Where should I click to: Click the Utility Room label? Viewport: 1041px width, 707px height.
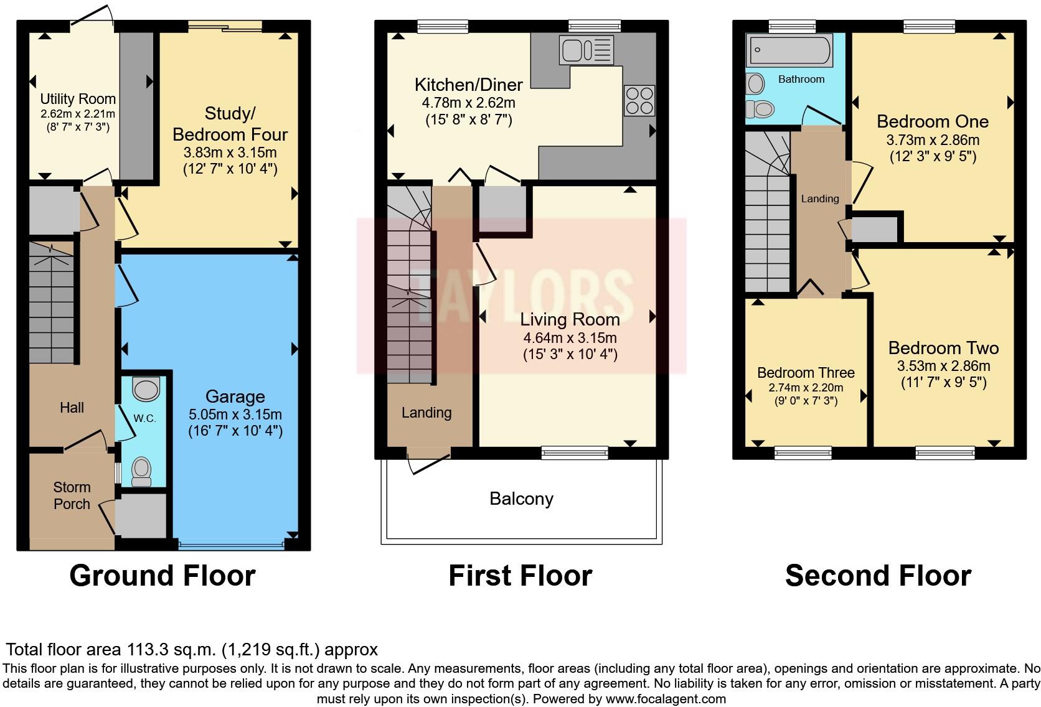[78, 99]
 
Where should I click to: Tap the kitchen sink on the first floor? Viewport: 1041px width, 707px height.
[586, 50]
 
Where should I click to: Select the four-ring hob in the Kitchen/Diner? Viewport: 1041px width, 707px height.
[639, 100]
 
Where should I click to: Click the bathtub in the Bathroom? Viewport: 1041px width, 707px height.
[790, 50]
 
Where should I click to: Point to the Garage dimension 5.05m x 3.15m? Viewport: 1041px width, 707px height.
[235, 414]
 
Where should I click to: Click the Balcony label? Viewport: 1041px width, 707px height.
[521, 499]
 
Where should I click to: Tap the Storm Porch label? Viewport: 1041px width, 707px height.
[72, 495]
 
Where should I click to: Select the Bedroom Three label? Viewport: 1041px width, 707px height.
[806, 373]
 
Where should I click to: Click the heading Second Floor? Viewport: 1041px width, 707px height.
[878, 576]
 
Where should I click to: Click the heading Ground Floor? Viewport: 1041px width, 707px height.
[163, 576]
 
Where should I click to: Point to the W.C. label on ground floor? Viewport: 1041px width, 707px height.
[144, 418]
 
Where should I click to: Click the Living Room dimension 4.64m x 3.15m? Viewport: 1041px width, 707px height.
[570, 338]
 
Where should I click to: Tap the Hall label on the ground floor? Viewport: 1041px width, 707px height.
[72, 408]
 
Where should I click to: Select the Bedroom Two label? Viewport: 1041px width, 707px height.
[943, 348]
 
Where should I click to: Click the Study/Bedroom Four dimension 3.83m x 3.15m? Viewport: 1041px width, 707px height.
[230, 152]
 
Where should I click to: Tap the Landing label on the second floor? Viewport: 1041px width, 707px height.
[819, 199]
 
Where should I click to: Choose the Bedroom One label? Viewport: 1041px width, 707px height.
[932, 121]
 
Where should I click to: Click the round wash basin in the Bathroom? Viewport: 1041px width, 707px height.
[756, 83]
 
